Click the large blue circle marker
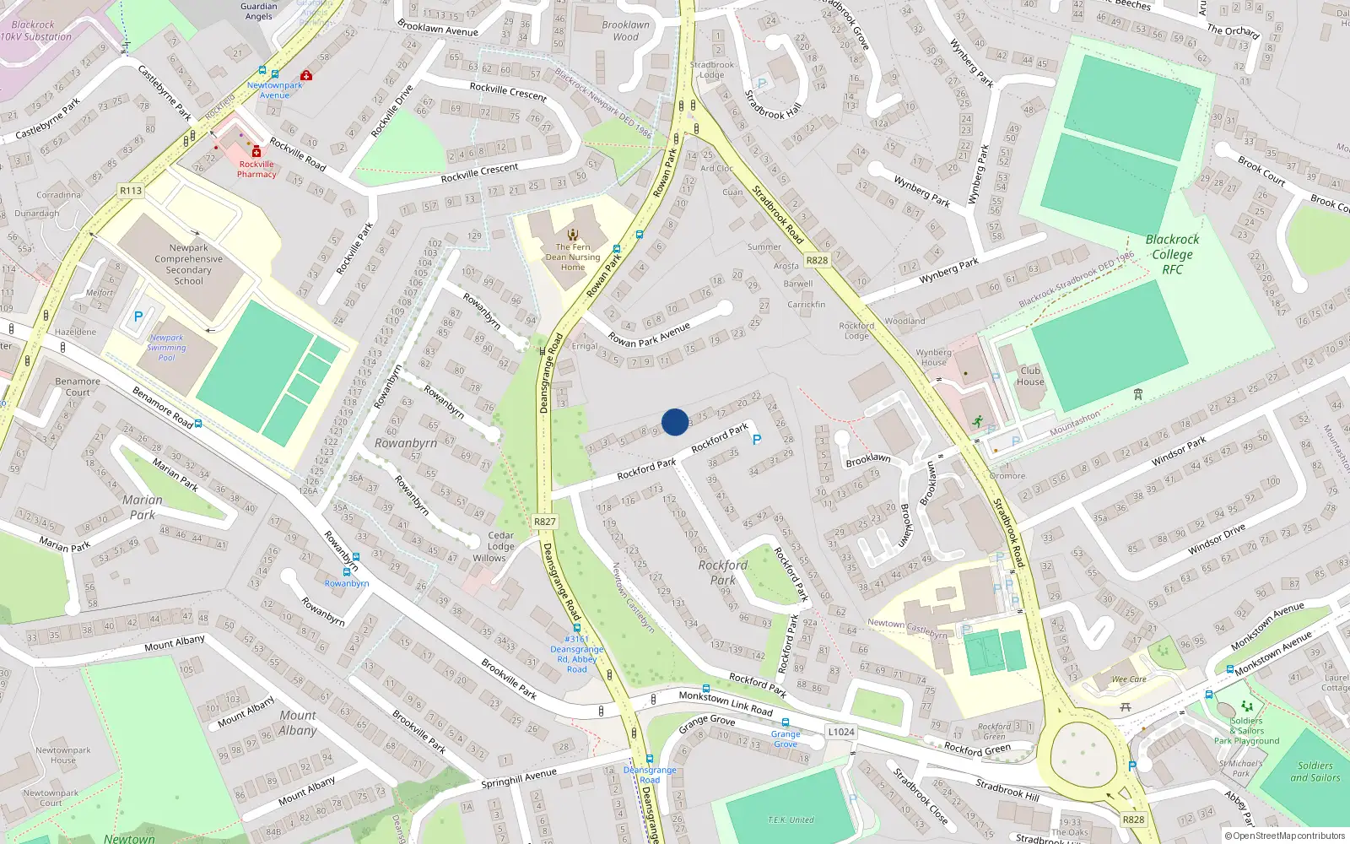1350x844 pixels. coord(675,422)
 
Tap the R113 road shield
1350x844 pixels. coord(131,191)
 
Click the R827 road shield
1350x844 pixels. coord(545,522)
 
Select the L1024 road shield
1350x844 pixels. coord(840,732)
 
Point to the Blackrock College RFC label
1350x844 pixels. coord(1172,254)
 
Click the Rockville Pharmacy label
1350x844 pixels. coord(256,170)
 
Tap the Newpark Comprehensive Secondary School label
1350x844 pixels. coord(188,264)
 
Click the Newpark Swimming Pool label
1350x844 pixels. coord(166,348)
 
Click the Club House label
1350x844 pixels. coord(1030,376)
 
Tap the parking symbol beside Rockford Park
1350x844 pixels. coord(757,440)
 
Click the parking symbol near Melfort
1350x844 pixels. coord(138,316)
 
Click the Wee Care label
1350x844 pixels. coord(1129,679)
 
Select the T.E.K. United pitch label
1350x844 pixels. coord(791,820)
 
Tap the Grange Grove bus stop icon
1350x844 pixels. coord(786,723)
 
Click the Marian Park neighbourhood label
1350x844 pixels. coord(143,507)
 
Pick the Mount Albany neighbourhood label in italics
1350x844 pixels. coord(298,722)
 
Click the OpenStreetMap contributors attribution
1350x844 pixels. coord(1285,836)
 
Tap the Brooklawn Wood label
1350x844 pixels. coord(625,30)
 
